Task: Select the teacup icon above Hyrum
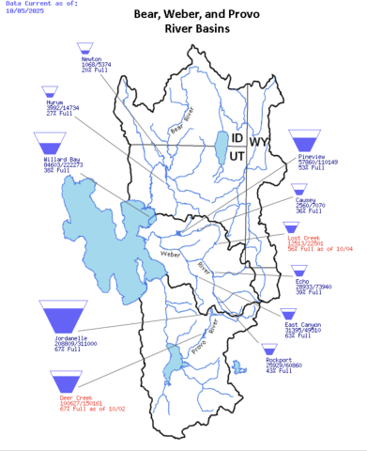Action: point(50,92)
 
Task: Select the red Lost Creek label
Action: point(308,240)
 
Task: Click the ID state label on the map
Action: point(238,138)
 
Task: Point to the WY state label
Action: point(259,143)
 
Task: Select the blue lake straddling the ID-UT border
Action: point(221,147)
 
